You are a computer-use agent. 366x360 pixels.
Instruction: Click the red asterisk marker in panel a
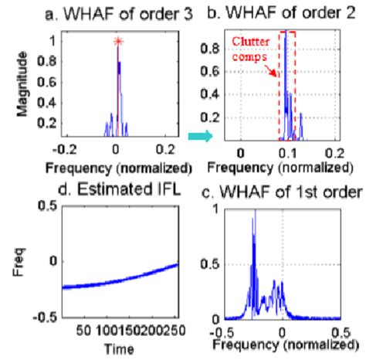[x=117, y=40]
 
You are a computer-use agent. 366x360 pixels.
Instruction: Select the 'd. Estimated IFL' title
[x=114, y=184]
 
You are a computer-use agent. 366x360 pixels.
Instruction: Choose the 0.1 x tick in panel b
[x=287, y=153]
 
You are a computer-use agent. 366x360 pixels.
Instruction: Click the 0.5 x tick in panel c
[x=341, y=331]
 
